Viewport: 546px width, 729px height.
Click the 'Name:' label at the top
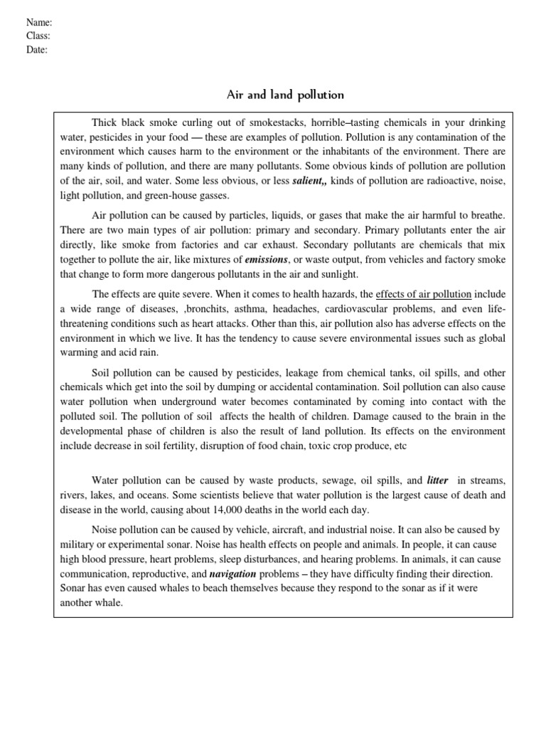click(x=39, y=23)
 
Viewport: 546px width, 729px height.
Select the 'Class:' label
click(x=38, y=36)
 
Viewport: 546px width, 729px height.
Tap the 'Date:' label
click(x=37, y=50)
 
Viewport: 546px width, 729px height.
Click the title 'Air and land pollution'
click(x=284, y=94)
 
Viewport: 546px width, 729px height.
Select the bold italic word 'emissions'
click(x=267, y=258)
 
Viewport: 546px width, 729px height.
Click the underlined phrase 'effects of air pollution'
click(x=423, y=293)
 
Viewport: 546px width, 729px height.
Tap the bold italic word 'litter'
click(x=437, y=480)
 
